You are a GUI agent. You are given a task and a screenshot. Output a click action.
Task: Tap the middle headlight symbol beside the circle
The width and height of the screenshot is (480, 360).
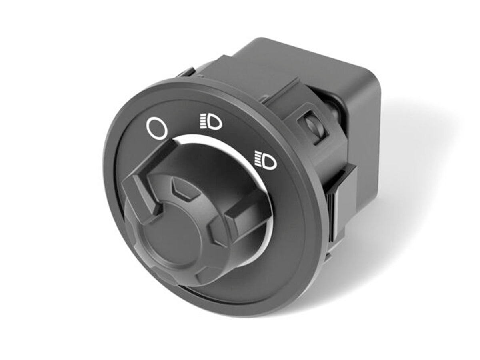211,122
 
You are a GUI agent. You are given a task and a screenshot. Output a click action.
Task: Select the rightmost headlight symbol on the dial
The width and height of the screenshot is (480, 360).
266,160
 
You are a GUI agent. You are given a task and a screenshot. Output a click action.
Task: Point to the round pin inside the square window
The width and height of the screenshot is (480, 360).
312,126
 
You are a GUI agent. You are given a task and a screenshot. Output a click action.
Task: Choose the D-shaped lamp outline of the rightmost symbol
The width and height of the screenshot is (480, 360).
270,161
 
